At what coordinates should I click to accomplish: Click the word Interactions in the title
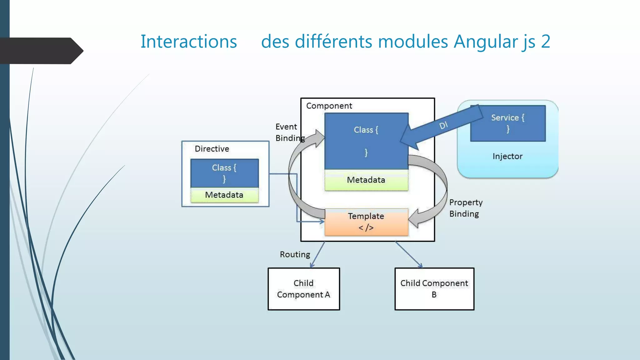click(x=188, y=42)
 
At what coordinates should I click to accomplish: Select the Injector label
click(x=507, y=156)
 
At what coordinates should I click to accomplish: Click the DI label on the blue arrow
click(x=443, y=125)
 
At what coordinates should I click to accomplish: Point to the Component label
click(x=329, y=106)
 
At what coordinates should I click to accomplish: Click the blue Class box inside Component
click(x=366, y=141)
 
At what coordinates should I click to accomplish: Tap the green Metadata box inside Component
click(x=366, y=180)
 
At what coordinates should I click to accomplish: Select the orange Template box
click(x=366, y=222)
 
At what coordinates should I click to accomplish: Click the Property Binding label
click(x=465, y=208)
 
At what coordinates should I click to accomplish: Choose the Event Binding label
click(x=287, y=132)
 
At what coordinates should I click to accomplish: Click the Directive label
click(x=212, y=149)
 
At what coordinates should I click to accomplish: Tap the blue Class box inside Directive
click(x=224, y=173)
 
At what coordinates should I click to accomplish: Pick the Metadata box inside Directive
click(x=224, y=195)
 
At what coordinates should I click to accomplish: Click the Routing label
click(x=295, y=254)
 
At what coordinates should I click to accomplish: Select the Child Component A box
click(x=303, y=289)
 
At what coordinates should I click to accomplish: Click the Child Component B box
click(x=434, y=289)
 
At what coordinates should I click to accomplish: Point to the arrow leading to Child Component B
click(x=408, y=254)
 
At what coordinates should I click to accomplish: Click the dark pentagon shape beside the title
click(x=41, y=51)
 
